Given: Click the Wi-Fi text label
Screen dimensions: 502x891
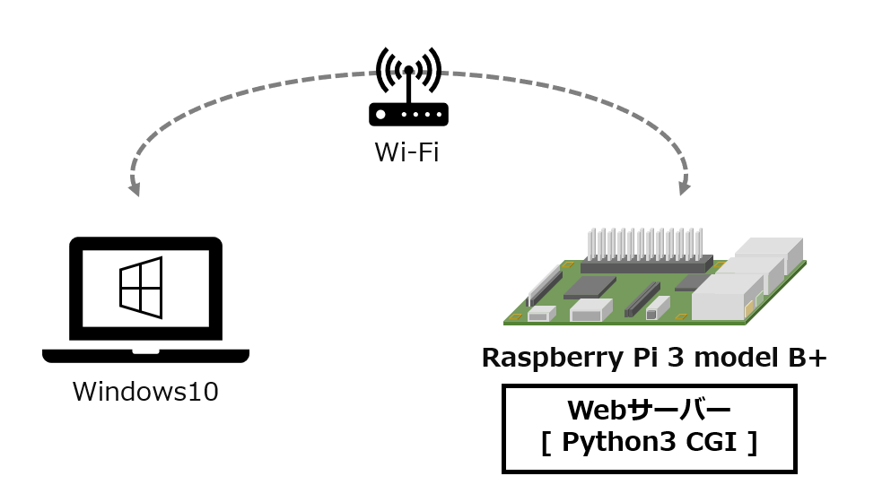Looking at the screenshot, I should point(406,152).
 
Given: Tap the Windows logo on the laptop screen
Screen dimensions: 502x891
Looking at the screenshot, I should point(141,287).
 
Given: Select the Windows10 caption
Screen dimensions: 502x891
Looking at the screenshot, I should point(145,392).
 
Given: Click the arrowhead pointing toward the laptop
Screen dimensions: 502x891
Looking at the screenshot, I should point(135,187).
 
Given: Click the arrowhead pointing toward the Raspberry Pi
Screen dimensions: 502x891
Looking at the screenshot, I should point(684,187).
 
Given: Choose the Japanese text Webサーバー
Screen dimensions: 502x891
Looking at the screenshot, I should point(650,411).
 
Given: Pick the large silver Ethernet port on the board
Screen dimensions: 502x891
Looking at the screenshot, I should point(723,298).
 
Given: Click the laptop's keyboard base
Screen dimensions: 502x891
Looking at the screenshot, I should point(145,356).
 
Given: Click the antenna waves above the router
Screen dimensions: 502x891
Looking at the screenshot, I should point(408,67).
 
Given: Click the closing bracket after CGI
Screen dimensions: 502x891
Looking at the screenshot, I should point(752,444).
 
